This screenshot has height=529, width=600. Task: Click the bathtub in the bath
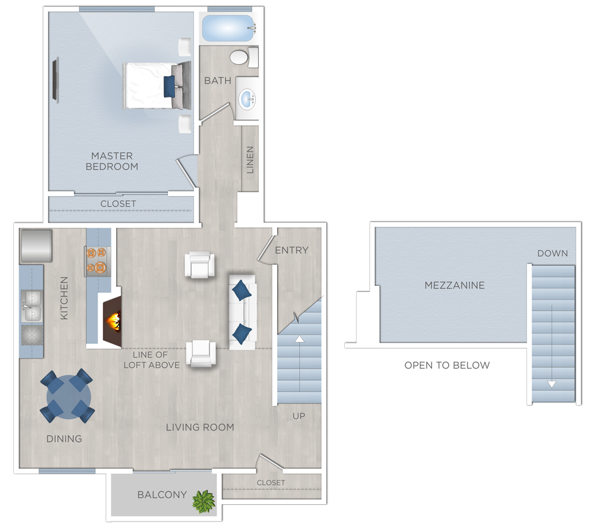point(228,28)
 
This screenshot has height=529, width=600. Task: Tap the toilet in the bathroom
point(244,57)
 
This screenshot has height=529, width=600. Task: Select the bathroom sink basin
point(247,99)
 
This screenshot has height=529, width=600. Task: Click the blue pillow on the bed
point(169,87)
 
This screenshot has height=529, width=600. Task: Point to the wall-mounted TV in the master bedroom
point(55,80)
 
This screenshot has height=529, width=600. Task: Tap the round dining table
point(69,396)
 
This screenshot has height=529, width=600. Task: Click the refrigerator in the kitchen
point(36,245)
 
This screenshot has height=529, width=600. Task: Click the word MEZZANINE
point(454,285)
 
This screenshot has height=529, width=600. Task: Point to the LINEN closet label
point(250,160)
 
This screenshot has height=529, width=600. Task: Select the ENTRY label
point(292,250)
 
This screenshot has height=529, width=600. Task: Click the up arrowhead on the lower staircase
point(299,339)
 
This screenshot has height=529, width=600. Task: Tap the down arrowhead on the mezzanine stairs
point(551,384)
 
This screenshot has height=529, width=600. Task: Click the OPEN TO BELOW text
point(447,365)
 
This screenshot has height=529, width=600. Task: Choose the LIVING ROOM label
point(200,427)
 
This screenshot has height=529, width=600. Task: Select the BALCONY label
point(162,494)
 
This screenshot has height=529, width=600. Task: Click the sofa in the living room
point(242,312)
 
